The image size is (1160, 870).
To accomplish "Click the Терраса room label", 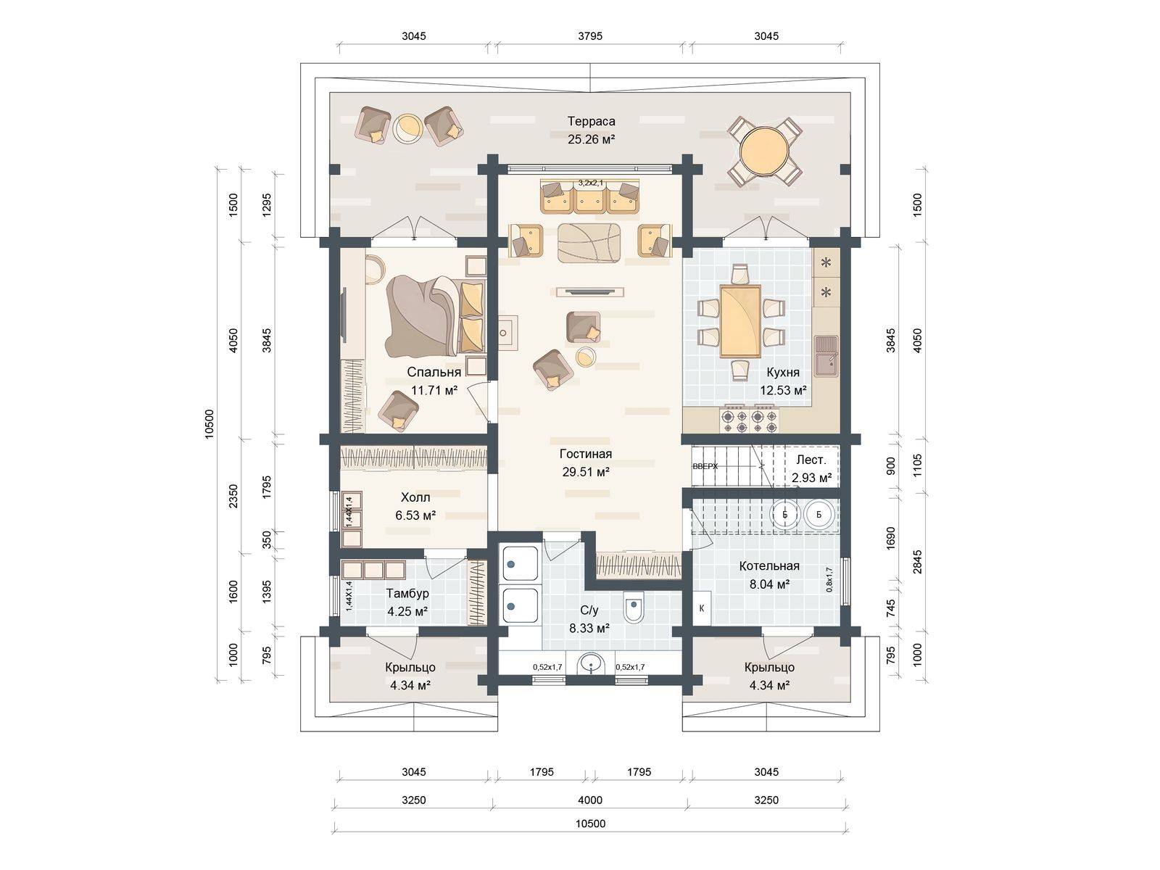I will (591, 122).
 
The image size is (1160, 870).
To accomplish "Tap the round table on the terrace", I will (763, 152).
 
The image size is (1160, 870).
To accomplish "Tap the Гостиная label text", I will (585, 455).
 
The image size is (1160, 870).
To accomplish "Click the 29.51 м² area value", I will (585, 472).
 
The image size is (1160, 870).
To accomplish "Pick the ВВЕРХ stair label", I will (705, 467).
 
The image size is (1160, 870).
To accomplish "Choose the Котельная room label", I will (769, 566).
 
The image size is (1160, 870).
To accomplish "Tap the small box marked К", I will (702, 608).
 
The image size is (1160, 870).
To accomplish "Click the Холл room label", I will (415, 498).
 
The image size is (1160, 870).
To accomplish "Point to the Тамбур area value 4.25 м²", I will (407, 611).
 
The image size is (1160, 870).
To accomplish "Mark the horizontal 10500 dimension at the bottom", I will (590, 824).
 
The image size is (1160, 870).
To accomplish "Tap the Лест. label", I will (811, 460).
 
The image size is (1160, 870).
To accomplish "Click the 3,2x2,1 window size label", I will (590, 183).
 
